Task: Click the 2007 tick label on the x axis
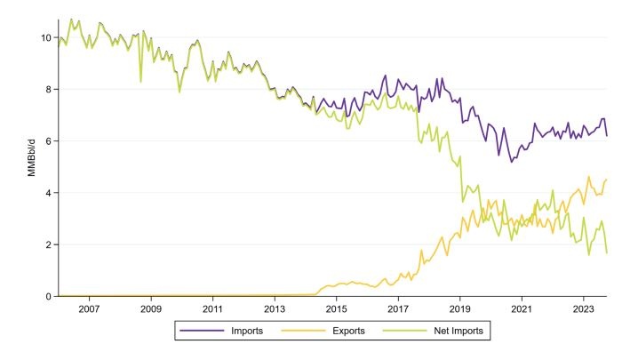coord(89,309)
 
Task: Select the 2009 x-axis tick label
coord(150,309)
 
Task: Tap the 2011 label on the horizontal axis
coord(212,309)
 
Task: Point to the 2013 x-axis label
coord(275,309)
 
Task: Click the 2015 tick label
coord(336,309)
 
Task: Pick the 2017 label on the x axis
coord(398,309)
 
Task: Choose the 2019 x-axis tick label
coord(460,309)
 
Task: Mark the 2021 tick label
coord(522,309)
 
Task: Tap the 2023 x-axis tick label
coord(584,309)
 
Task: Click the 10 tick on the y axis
coord(45,37)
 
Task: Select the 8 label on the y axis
coord(48,89)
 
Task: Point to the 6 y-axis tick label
coord(48,140)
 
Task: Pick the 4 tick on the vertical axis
coord(48,193)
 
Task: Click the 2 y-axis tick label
coord(48,244)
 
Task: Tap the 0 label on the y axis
coord(48,296)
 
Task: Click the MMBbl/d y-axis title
coord(28,167)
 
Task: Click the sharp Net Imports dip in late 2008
coord(140,82)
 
